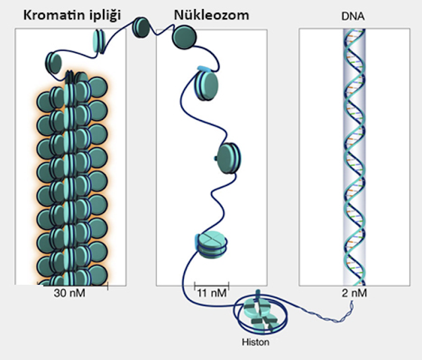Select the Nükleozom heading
pos(212,15)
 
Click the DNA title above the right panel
pos(353,16)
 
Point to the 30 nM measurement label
pos(69,293)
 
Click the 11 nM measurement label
pos(212,293)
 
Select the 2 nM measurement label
pos(354,293)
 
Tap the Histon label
pos(255,342)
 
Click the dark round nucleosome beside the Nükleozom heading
pos(185,37)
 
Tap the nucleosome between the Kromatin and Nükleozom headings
pos(140,27)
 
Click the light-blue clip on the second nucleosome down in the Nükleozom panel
pos(204,69)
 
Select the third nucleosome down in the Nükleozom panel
pos(229,158)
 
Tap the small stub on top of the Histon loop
pos(258,293)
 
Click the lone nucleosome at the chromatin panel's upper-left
pos(53,63)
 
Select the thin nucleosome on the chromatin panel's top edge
pos(98,41)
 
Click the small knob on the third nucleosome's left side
pos(216,158)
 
